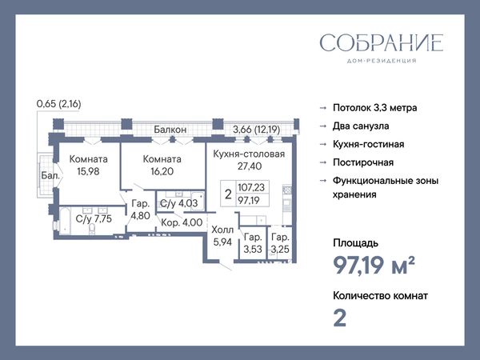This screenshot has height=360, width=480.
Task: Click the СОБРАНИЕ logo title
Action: coord(382,42)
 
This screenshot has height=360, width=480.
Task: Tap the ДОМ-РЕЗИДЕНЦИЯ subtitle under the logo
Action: coord(382,61)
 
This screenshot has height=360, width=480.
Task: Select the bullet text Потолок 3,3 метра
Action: coord(375,108)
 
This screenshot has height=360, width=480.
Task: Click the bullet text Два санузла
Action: coord(361,126)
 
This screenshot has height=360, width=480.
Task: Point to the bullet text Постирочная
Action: coord(363,162)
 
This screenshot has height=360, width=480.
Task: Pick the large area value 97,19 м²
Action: coord(374,265)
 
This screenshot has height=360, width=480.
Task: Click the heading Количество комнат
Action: coord(380,296)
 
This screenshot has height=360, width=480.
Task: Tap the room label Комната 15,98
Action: coord(89,165)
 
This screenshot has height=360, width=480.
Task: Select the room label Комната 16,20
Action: coord(162,165)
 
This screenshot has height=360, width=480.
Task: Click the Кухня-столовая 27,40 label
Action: coord(249,160)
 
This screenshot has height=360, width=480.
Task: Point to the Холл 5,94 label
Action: coord(222,236)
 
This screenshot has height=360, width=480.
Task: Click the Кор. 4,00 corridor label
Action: coord(182,222)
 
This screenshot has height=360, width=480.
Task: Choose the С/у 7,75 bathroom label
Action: coord(94,219)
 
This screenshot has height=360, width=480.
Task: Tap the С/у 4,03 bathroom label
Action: coord(179,203)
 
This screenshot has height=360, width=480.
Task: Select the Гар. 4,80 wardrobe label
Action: coord(141,210)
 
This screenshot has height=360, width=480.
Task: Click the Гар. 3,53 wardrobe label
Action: coord(253,243)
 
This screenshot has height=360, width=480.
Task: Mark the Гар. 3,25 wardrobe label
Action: coord(280,243)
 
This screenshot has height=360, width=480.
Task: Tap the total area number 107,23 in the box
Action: coord(251,187)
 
